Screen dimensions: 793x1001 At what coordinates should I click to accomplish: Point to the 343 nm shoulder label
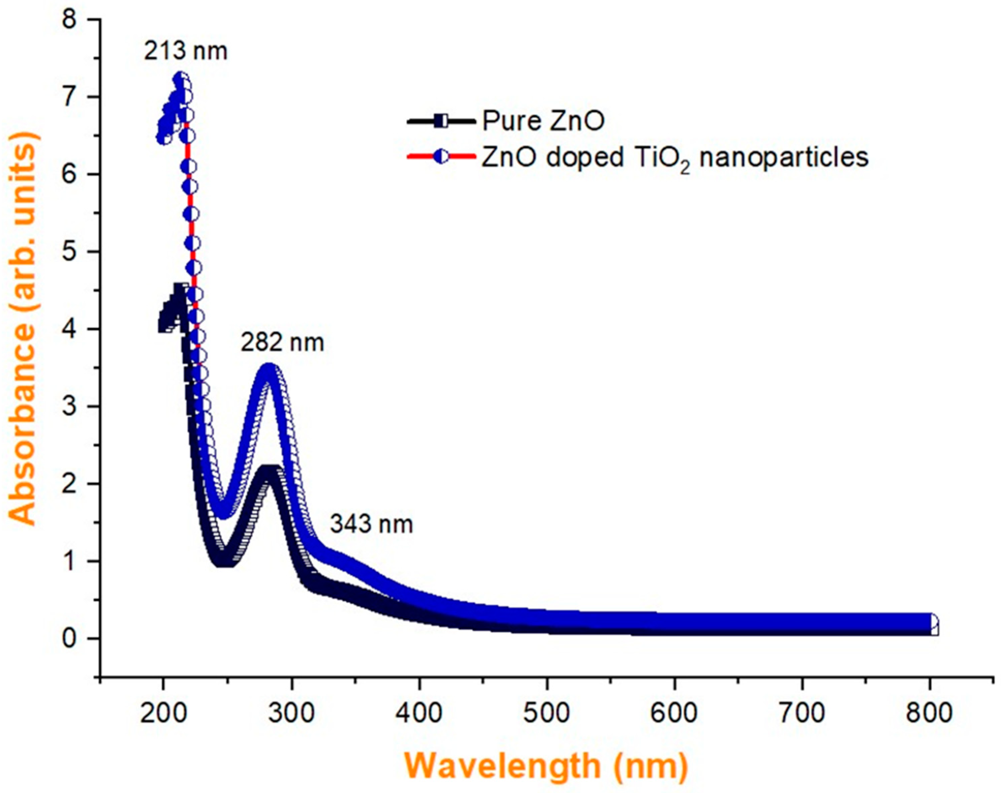pyautogui.click(x=371, y=524)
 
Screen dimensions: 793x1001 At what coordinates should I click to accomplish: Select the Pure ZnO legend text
pyautogui.click(x=543, y=121)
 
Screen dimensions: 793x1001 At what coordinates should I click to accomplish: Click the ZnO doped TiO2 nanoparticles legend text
pyautogui.click(x=675, y=158)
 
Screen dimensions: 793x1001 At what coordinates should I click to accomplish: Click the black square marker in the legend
pyautogui.click(x=441, y=121)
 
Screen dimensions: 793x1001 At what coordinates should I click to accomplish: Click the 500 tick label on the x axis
pyautogui.click(x=546, y=713)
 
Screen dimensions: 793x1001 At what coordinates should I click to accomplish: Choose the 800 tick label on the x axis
pyautogui.click(x=929, y=713)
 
